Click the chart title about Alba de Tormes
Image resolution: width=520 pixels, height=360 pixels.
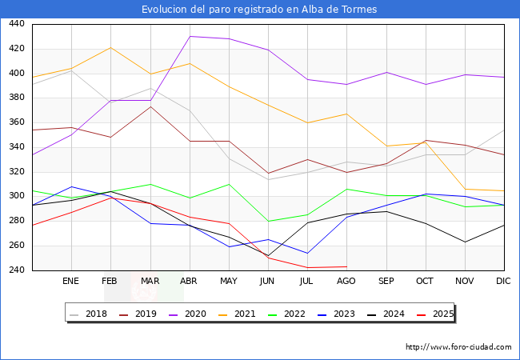pyautogui.click(x=259, y=10)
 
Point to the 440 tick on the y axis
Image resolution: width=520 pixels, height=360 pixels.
pyautogui.click(x=15, y=24)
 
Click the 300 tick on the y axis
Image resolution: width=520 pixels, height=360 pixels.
pyautogui.click(x=15, y=197)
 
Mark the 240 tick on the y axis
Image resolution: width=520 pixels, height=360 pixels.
pyautogui.click(x=15, y=270)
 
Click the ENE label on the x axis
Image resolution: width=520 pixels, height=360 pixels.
pyautogui.click(x=70, y=282)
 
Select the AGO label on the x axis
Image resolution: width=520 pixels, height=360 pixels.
pyautogui.click(x=346, y=282)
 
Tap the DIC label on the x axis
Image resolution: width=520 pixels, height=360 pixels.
pyautogui.click(x=503, y=282)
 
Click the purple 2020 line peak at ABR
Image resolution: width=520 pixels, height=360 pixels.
pyautogui.click(x=190, y=36)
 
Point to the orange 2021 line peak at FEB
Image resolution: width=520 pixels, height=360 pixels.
pyautogui.click(x=110, y=47)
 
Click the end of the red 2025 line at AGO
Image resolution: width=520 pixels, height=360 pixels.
pyautogui.click(x=346, y=266)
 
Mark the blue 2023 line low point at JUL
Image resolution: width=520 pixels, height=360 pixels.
pyautogui.click(x=307, y=254)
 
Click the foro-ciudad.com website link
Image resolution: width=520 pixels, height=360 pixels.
pyautogui.click(x=458, y=347)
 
